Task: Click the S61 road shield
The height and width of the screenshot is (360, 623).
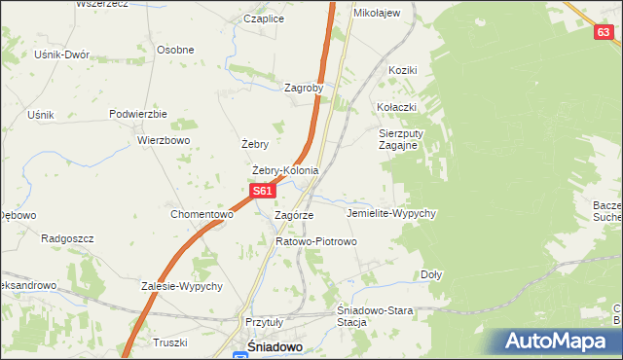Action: click(261, 192)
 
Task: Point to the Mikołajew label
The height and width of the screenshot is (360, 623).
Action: click(377, 13)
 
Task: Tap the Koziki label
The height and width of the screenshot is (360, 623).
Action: click(402, 70)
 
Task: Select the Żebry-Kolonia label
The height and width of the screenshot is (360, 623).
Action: click(285, 171)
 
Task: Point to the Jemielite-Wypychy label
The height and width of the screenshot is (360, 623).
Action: click(390, 212)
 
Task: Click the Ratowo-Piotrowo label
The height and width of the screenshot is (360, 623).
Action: click(316, 240)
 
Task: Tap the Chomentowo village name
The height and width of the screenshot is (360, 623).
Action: click(202, 214)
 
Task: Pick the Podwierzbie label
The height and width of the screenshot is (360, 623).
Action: click(139, 114)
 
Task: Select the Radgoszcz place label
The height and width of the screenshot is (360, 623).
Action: click(65, 237)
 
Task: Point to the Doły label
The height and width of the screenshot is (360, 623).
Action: click(431, 274)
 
